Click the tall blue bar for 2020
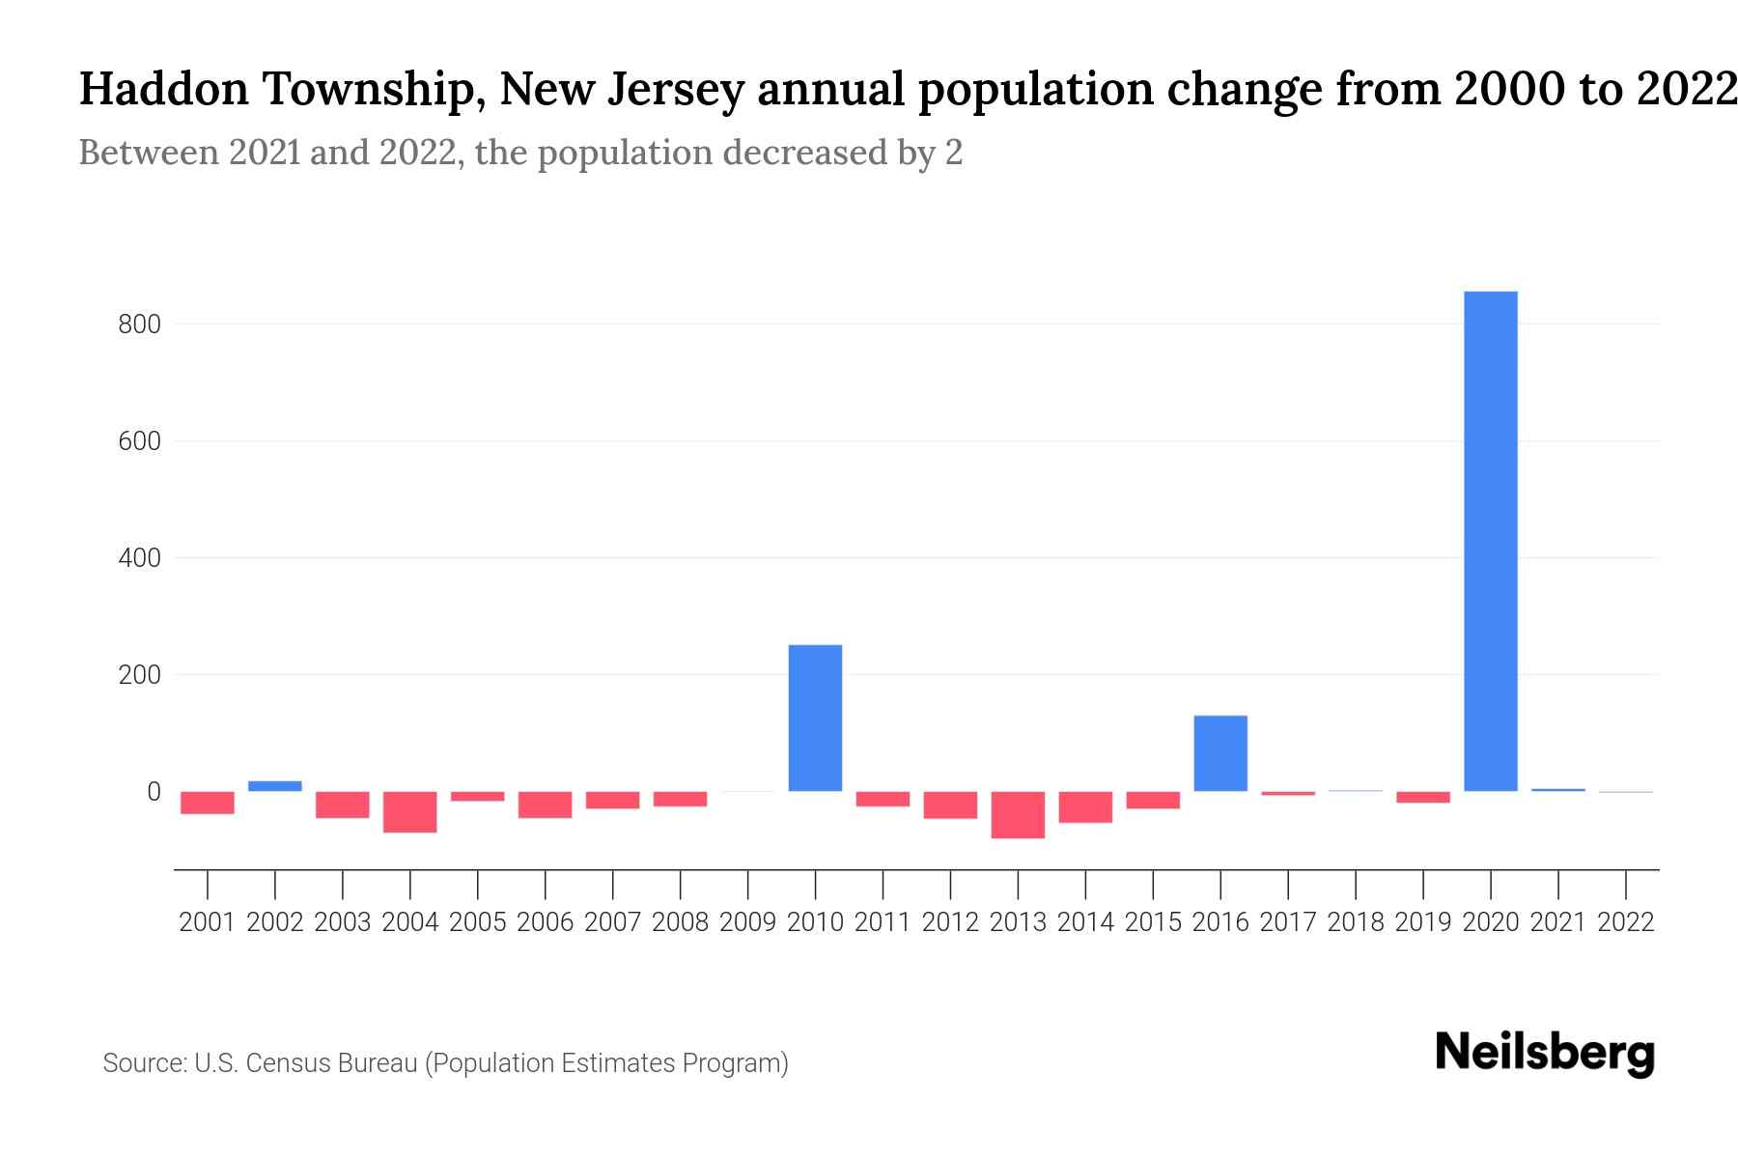coord(1490,541)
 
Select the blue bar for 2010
coord(815,718)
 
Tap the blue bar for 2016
coord(1220,753)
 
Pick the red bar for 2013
coord(1018,814)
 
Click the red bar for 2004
coord(410,811)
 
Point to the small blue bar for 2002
coord(275,786)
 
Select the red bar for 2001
coord(208,803)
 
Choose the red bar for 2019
coord(1422,797)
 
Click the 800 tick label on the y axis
coord(139,325)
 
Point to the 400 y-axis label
coord(139,558)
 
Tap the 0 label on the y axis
coord(153,792)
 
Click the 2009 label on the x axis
coord(747,922)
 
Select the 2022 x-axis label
coord(1625,922)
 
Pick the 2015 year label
coord(1153,922)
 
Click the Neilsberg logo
coord(1545,1053)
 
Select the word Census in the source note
coord(289,1063)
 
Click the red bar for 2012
coord(950,805)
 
